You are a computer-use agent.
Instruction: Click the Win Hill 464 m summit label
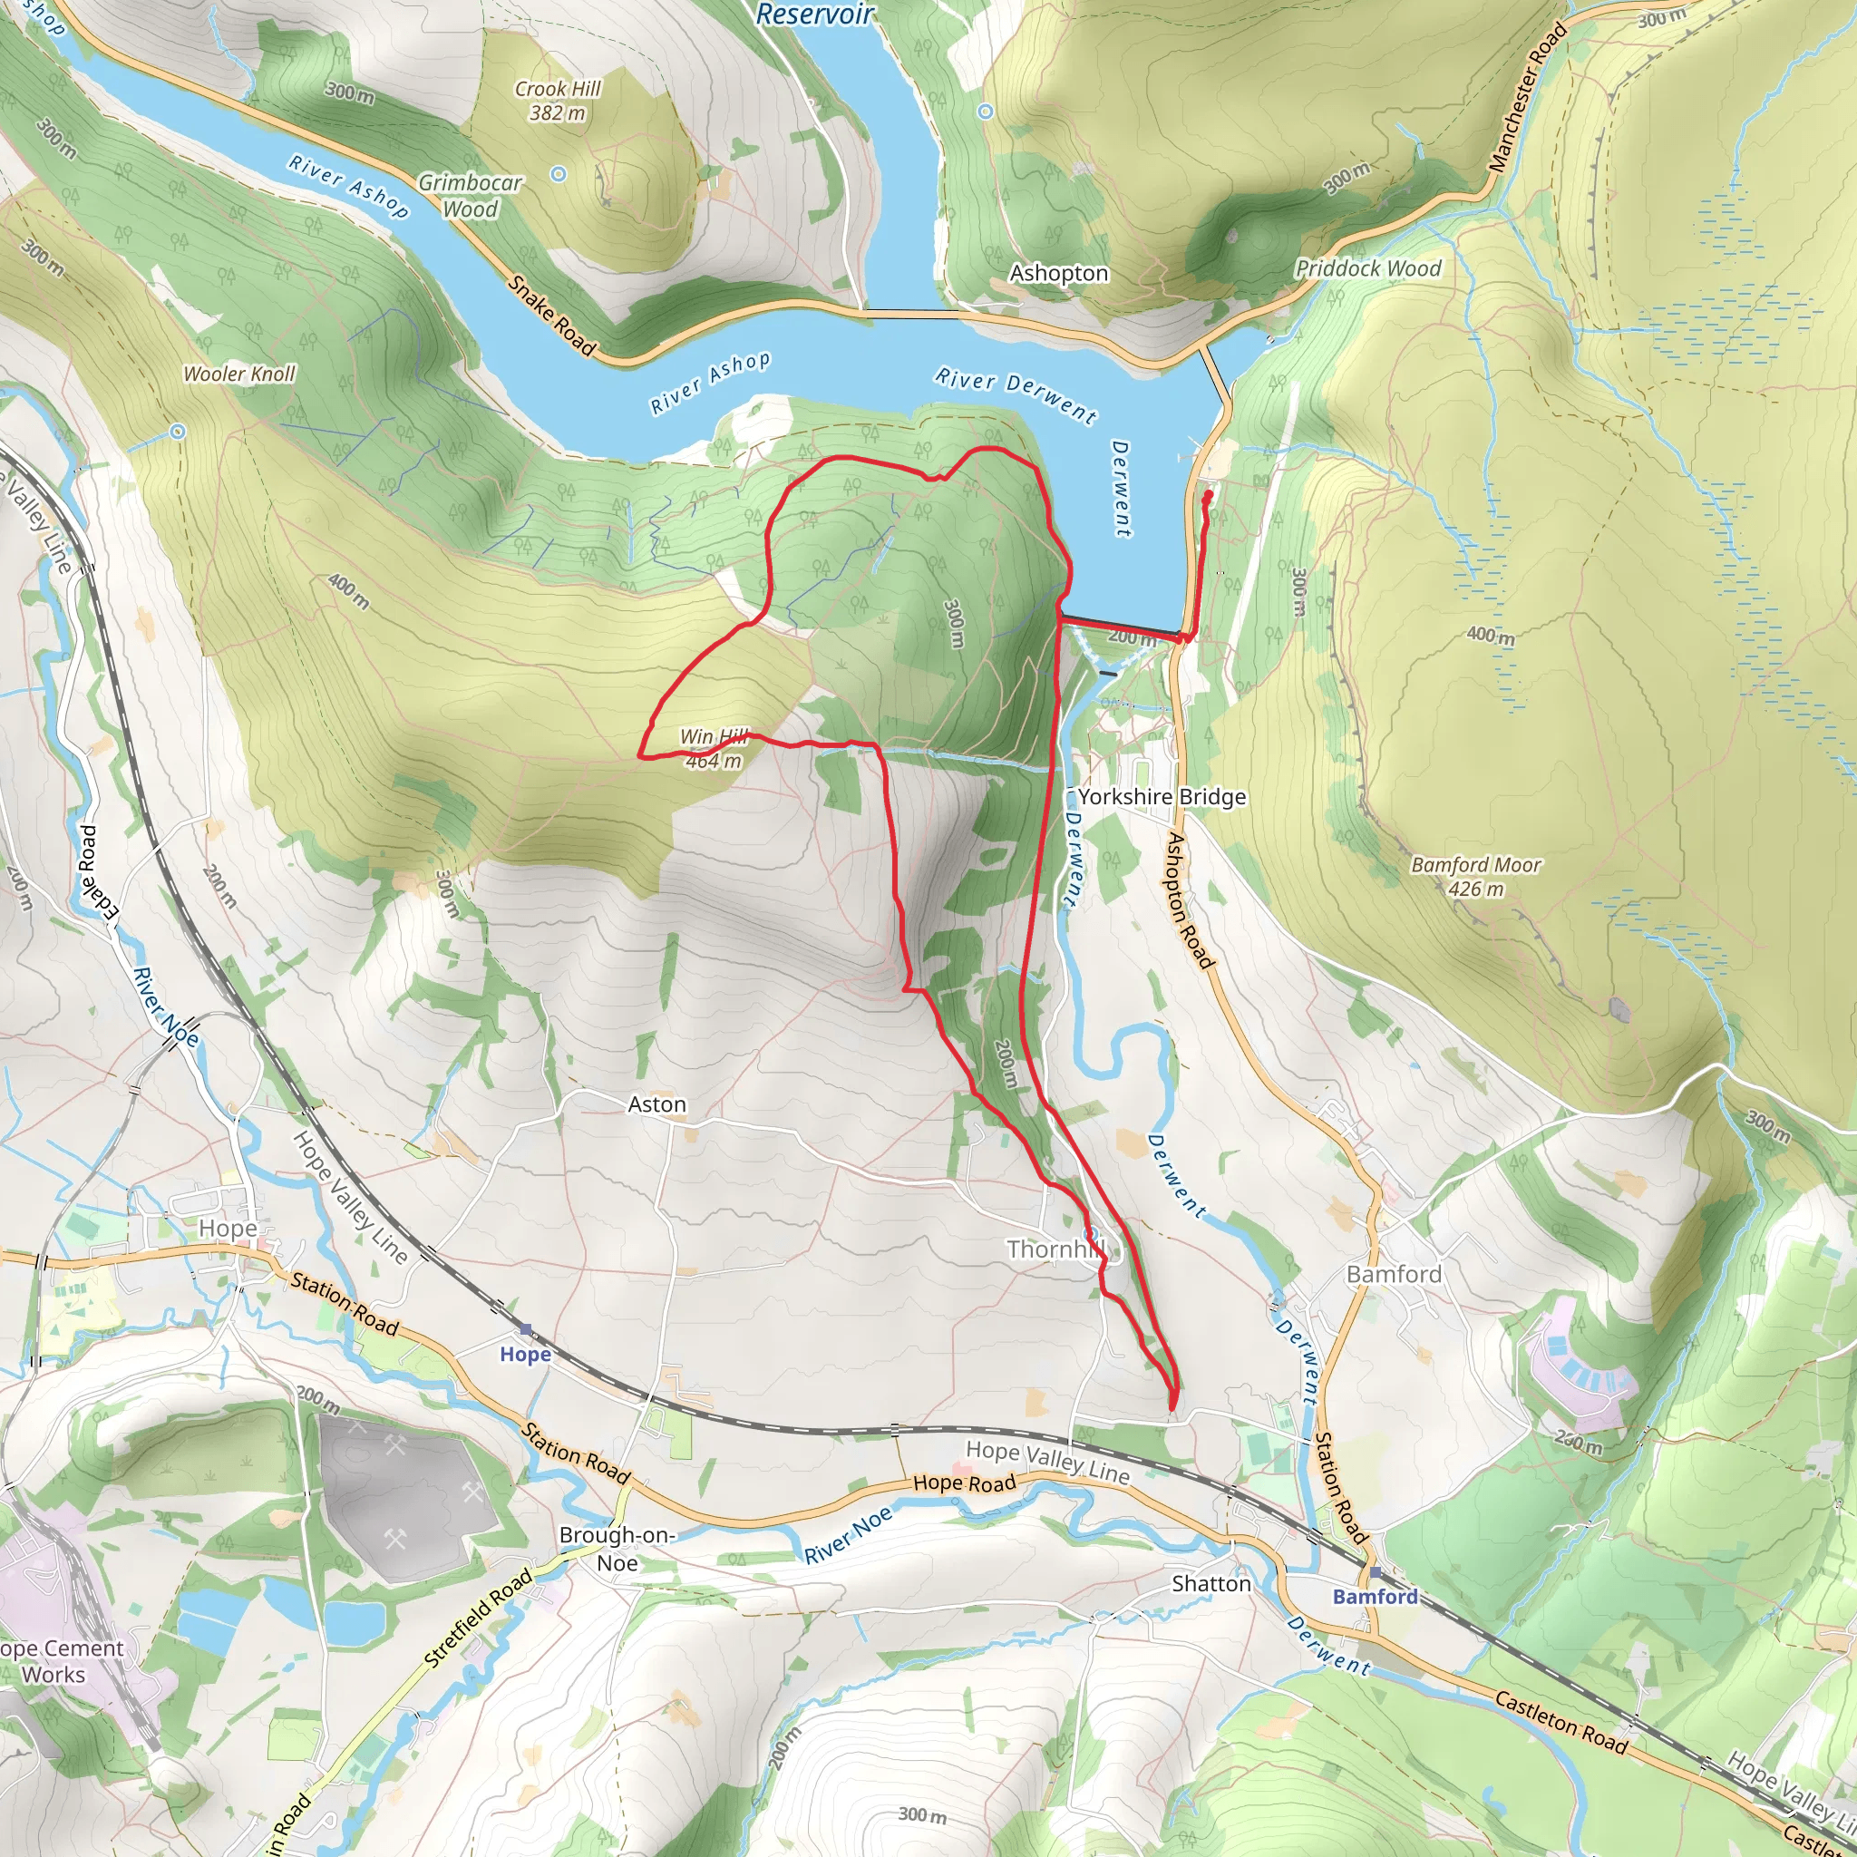714,749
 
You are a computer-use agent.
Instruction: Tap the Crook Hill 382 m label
558,101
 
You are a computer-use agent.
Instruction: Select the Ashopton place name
1058,274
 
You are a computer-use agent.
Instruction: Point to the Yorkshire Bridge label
1162,797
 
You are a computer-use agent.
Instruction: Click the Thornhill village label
1055,1249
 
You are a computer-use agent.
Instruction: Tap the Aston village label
657,1104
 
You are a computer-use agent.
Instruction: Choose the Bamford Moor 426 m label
1475,877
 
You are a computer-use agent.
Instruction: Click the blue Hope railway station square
526,1330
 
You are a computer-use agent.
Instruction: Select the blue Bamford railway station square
1376,1572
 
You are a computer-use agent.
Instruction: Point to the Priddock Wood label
1367,269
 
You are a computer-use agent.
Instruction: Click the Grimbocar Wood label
470,195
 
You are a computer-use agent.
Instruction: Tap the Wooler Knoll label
239,374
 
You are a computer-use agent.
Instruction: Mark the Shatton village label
1211,1583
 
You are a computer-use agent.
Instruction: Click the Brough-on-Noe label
617,1549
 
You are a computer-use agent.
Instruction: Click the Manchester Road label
1527,98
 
